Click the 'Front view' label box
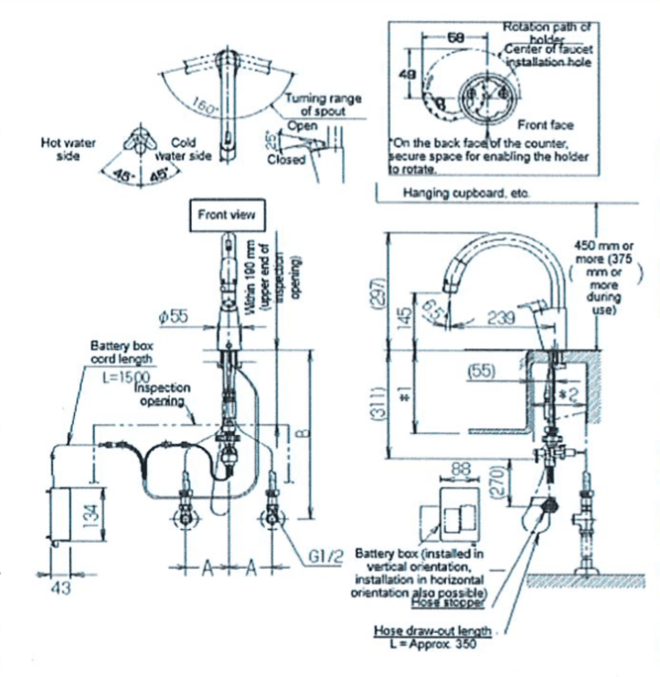(226, 214)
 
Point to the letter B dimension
(303, 432)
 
